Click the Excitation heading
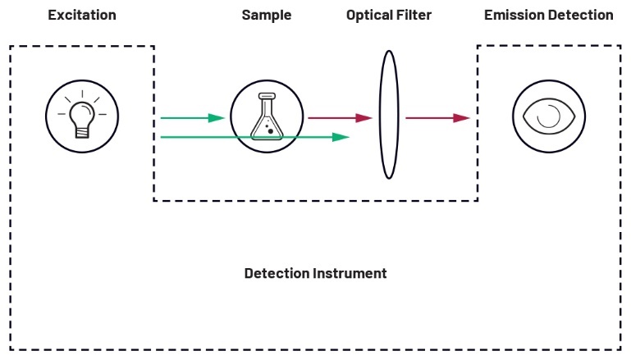coord(81,16)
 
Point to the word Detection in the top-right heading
coord(584,16)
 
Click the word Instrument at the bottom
coord(350,273)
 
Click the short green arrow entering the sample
coord(192,118)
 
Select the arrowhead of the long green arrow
coord(341,137)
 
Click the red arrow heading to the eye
coord(437,118)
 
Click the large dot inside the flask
coord(270,130)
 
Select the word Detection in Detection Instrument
coord(277,273)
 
